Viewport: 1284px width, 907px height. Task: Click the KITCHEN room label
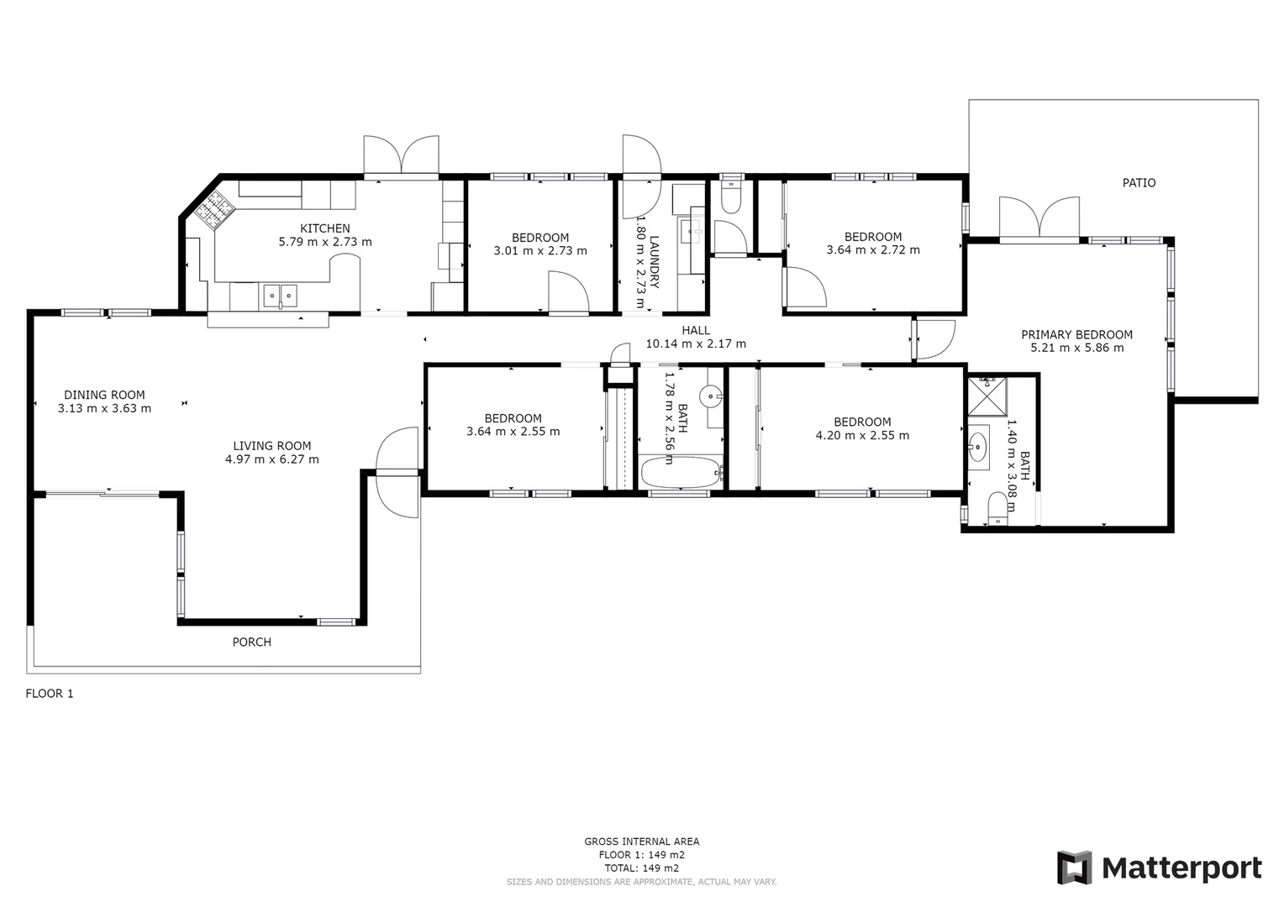pyautogui.click(x=325, y=228)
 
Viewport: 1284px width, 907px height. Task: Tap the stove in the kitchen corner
pyautogui.click(x=214, y=207)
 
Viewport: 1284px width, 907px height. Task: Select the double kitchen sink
pyautogui.click(x=280, y=295)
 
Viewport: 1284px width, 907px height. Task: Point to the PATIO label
pyautogui.click(x=1139, y=183)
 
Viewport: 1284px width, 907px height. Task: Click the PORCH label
pyautogui.click(x=251, y=642)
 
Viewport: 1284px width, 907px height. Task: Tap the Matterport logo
pyautogui.click(x=1159, y=868)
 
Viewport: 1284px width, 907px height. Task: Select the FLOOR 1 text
pyautogui.click(x=50, y=694)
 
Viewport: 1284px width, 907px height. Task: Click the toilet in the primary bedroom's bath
pyautogui.click(x=997, y=509)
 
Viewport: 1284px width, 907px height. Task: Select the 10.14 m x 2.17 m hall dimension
pyautogui.click(x=695, y=343)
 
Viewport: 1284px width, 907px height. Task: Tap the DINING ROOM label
pyautogui.click(x=104, y=395)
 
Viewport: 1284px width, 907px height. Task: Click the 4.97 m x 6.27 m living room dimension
pyautogui.click(x=271, y=459)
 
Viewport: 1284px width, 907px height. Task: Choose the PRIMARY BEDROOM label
pyautogui.click(x=1076, y=334)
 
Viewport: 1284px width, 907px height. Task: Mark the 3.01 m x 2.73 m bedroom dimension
pyautogui.click(x=540, y=250)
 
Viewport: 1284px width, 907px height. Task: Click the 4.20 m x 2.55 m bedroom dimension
pyautogui.click(x=862, y=435)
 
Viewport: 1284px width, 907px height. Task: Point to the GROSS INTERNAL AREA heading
pyautogui.click(x=641, y=841)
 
